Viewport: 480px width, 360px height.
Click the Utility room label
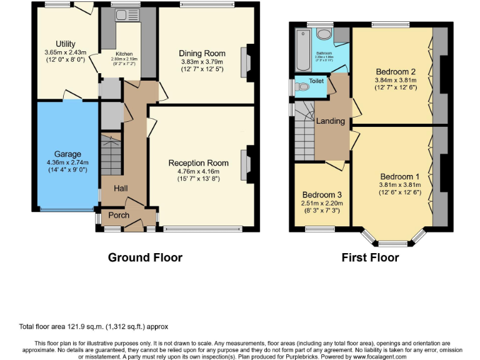66,43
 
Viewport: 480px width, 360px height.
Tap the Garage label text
67,154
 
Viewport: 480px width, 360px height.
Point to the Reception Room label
198,163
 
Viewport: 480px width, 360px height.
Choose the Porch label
119,216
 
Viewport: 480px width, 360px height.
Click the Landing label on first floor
331,121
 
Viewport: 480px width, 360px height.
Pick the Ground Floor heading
145,257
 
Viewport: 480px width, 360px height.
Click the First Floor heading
370,257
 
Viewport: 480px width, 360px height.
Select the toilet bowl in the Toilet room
303,87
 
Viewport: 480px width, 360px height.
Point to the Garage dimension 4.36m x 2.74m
67,163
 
